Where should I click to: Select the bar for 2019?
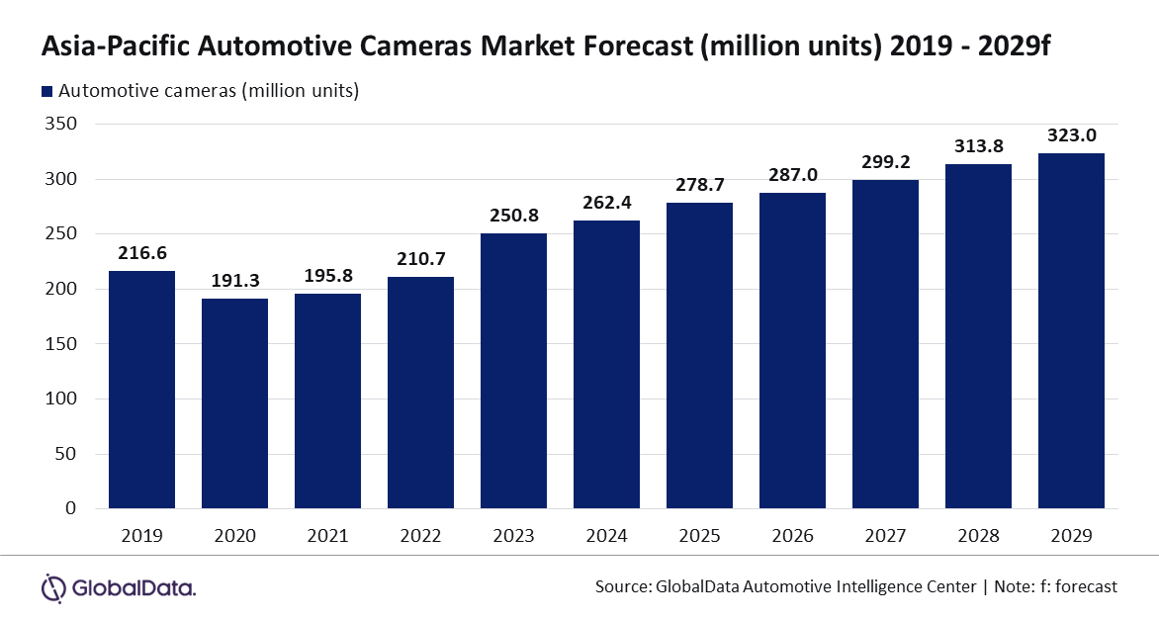(x=141, y=390)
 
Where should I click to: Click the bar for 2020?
(x=234, y=402)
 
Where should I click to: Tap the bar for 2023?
(x=513, y=370)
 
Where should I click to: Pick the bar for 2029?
(x=1071, y=330)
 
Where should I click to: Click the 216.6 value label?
(x=141, y=253)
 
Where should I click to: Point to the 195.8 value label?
(x=327, y=276)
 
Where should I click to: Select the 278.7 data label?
(x=699, y=185)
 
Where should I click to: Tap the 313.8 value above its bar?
(x=978, y=146)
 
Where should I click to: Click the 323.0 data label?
(x=1071, y=135)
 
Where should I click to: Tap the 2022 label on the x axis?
(x=420, y=536)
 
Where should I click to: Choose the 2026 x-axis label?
(x=792, y=536)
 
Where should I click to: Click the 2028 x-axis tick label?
(x=978, y=536)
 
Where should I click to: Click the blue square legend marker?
(x=46, y=92)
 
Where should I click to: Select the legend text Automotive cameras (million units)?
(x=209, y=91)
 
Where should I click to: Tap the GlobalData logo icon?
(x=52, y=587)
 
